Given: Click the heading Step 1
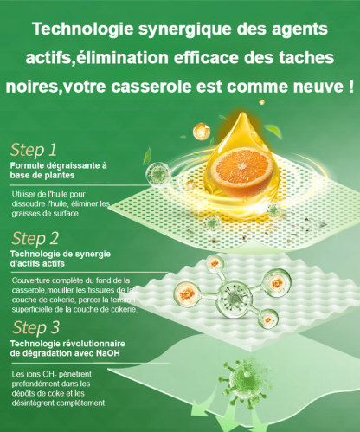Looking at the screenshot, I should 35,148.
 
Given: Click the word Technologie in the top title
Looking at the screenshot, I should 80,29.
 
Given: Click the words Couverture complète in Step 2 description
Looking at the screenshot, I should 50,280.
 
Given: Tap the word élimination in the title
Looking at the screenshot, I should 123,58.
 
